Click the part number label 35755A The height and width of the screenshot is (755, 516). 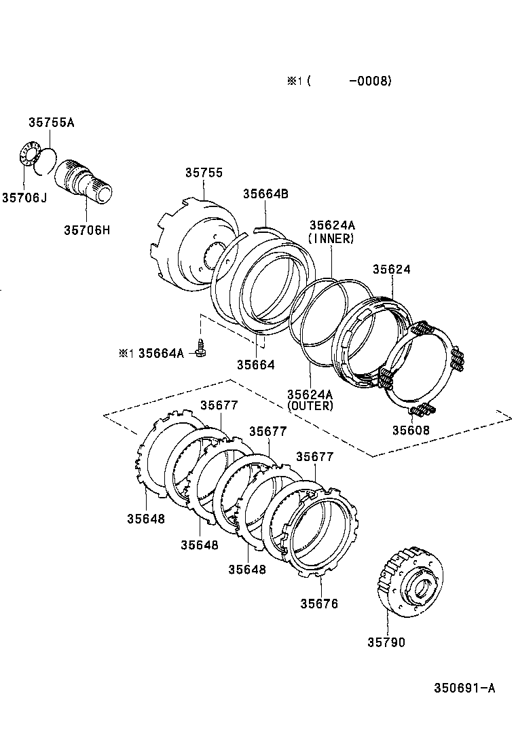pyautogui.click(x=51, y=123)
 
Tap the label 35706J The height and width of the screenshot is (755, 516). pyautogui.click(x=24, y=197)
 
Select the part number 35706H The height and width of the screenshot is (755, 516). pyautogui.click(x=87, y=229)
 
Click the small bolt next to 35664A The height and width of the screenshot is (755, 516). pyautogui.click(x=200, y=349)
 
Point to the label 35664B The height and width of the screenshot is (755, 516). pyautogui.click(x=265, y=194)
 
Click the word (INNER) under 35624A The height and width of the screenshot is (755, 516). pyautogui.click(x=331, y=238)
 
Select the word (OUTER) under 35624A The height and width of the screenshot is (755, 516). pyautogui.click(x=310, y=406)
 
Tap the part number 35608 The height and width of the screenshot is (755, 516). pyautogui.click(x=411, y=430)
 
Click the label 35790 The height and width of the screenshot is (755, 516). pyautogui.click(x=386, y=642)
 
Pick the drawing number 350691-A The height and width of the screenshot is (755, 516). pyautogui.click(x=464, y=688)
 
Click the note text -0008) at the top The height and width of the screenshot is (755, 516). pyautogui.click(x=370, y=81)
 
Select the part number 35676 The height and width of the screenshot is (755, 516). pyautogui.click(x=318, y=603)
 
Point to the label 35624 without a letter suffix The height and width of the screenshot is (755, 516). pyautogui.click(x=391, y=269)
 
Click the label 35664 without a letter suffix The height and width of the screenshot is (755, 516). pyautogui.click(x=255, y=365)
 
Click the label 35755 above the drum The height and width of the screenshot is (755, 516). pyautogui.click(x=204, y=172)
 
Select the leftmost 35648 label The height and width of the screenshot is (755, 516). pyautogui.click(x=145, y=519)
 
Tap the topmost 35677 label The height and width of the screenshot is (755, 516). pyautogui.click(x=219, y=405)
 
